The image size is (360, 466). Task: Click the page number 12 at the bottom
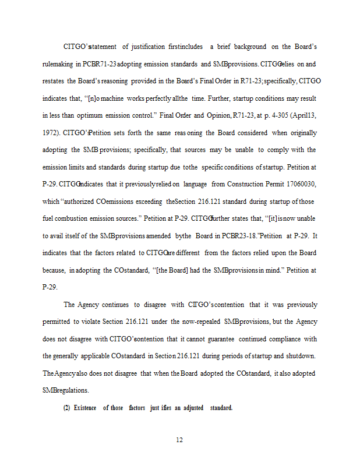[x=180, y=440]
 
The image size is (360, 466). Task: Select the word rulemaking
[x=60, y=63]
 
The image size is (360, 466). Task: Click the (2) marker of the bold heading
[x=66, y=407]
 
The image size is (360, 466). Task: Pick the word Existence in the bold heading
[x=86, y=407]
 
